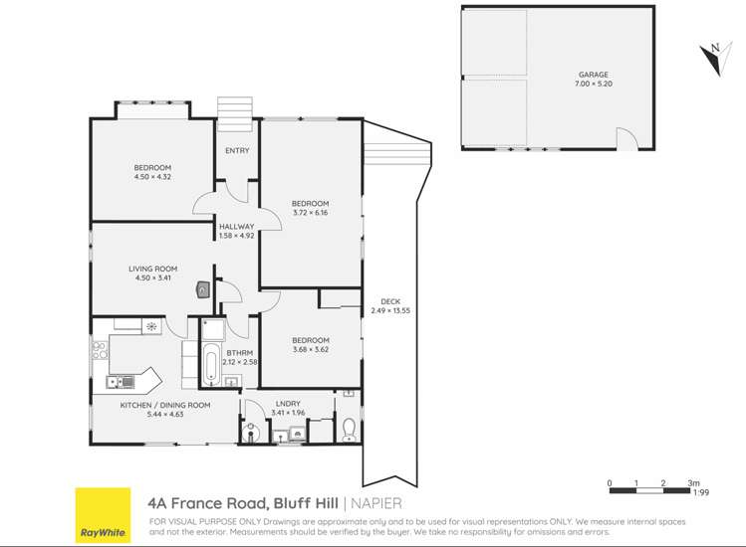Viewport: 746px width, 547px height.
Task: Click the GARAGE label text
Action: [593, 75]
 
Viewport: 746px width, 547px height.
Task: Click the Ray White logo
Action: [103, 515]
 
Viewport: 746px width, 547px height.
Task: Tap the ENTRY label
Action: [237, 150]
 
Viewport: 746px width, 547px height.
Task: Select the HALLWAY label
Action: [237, 227]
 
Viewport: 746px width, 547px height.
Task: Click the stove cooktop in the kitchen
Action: [100, 350]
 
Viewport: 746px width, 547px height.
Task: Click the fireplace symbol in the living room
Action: [203, 289]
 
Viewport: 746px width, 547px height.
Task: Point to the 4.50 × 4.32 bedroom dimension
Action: [152, 177]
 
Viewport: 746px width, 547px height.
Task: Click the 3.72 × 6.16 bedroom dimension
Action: [310, 213]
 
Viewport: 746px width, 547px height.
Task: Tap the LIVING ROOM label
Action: [152, 269]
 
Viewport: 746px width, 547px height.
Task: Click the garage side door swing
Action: [626, 140]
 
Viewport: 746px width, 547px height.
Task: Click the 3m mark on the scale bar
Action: [692, 483]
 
